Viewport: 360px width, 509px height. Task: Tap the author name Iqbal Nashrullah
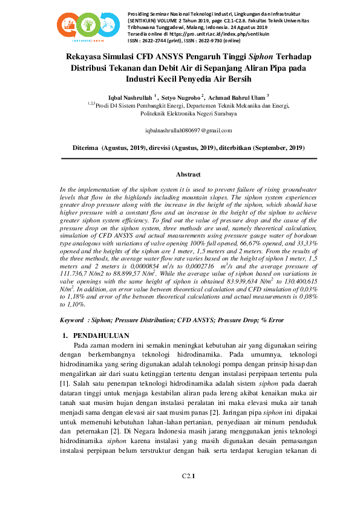coord(130,96)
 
